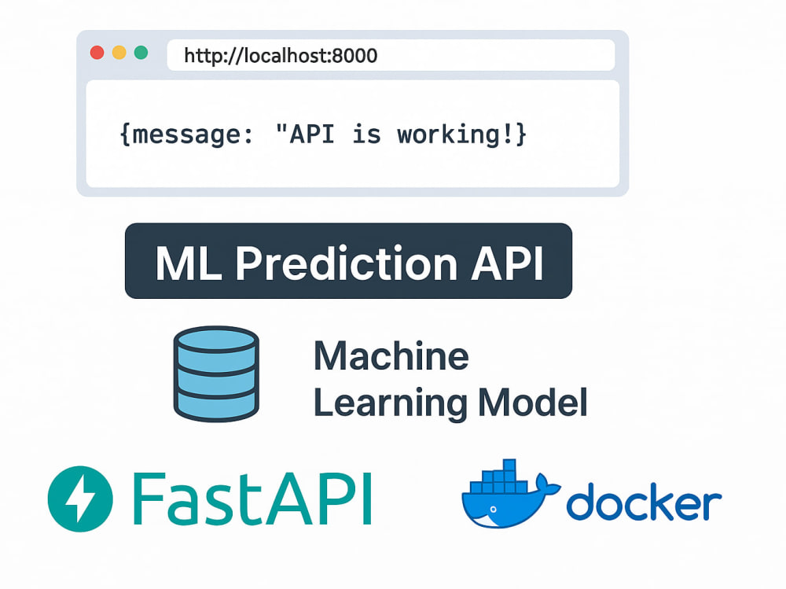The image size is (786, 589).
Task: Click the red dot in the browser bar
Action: (97, 53)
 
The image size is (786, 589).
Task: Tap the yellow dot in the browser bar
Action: (119, 53)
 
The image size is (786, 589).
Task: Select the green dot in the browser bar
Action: (141, 53)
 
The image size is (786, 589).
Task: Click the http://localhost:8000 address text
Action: (281, 56)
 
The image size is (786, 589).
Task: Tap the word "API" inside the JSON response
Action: (312, 134)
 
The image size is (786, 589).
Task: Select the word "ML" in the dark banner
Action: (189, 263)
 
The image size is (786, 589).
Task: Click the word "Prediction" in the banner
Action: (347, 263)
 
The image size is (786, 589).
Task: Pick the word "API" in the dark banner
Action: (507, 263)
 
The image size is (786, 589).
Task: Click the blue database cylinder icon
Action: (216, 374)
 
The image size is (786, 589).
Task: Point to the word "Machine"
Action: (391, 355)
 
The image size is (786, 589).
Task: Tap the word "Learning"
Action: (391, 403)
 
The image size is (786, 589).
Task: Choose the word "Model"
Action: (533, 402)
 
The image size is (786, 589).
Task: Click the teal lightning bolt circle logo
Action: (80, 499)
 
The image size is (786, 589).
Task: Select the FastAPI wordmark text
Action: (252, 499)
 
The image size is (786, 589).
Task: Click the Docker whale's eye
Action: (494, 510)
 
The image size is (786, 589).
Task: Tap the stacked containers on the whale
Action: (499, 476)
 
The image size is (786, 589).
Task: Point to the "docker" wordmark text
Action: (644, 501)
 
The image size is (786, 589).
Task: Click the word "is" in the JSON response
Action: (366, 134)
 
